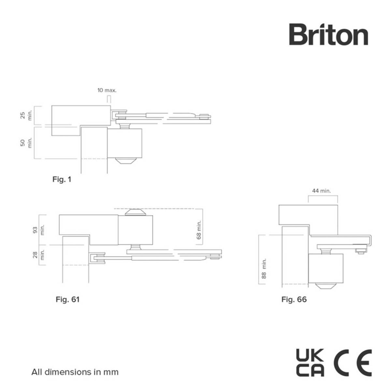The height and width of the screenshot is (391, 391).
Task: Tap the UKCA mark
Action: pos(310,362)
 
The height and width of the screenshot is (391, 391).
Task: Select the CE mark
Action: pos(353,362)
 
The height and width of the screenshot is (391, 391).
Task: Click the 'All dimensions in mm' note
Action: pos(75,372)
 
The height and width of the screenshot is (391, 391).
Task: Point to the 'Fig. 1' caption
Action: pos(62,179)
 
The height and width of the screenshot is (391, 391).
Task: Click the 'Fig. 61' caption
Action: pos(67,299)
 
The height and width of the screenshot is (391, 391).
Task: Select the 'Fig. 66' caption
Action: pos(294,299)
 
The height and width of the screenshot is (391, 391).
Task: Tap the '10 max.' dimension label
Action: pos(107,90)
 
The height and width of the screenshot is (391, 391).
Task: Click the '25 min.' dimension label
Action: pos(26,115)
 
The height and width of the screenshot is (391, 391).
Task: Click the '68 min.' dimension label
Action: pos(199,230)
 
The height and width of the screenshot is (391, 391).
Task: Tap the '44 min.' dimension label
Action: pos(321,191)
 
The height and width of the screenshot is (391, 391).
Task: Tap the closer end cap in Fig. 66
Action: pos(326,286)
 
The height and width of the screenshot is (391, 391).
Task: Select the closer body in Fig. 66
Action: pos(326,268)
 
